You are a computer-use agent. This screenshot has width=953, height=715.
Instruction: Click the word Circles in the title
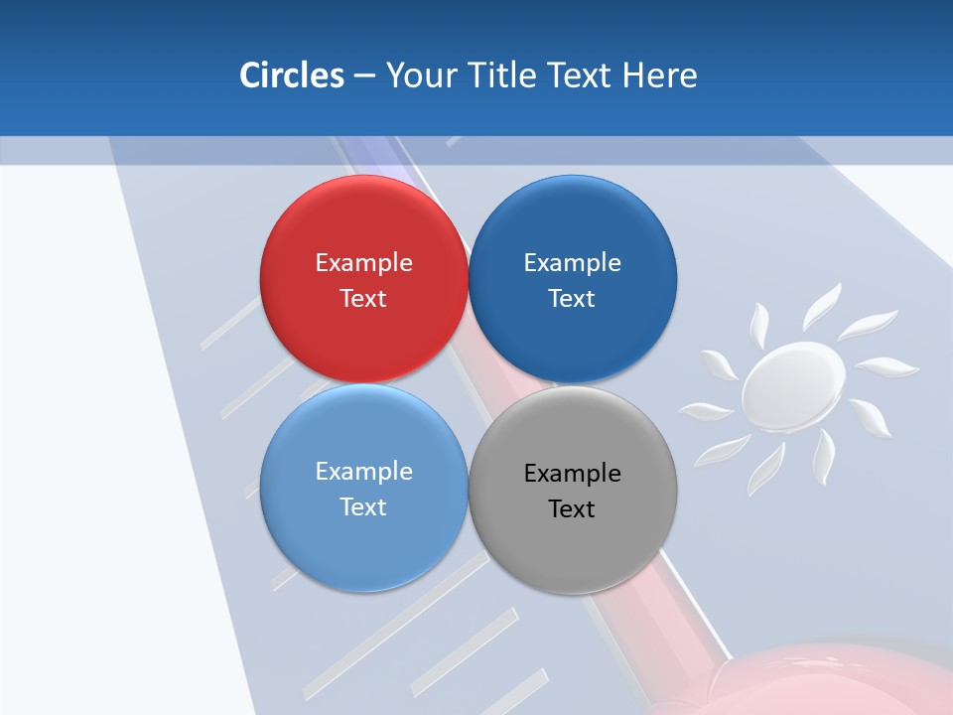(291, 75)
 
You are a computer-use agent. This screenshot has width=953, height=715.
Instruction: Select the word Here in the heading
(660, 75)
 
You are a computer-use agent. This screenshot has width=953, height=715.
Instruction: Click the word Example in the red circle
(363, 263)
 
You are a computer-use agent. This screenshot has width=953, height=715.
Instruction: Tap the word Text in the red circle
(363, 299)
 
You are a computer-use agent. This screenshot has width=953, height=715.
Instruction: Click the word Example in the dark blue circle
(573, 263)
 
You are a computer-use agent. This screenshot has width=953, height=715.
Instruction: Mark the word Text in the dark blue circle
(573, 299)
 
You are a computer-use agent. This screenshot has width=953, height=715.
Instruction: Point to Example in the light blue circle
(363, 472)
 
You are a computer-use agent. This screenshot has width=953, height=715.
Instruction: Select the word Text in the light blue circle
(363, 507)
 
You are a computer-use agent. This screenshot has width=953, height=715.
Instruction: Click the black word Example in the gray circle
(573, 474)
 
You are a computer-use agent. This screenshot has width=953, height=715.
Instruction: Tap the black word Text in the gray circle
(573, 509)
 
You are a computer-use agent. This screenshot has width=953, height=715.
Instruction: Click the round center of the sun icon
(793, 383)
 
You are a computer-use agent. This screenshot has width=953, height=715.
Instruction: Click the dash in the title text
(364, 76)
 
